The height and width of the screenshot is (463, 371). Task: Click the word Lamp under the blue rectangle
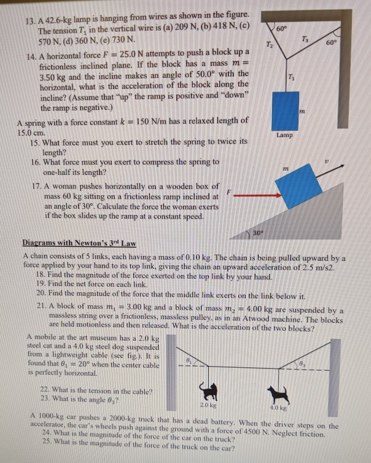[x=284, y=134]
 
